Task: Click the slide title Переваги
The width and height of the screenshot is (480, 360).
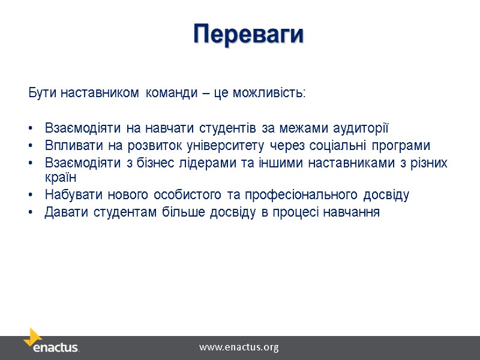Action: (x=248, y=34)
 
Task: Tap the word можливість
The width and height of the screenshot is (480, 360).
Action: (x=276, y=94)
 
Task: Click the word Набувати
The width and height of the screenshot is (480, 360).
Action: (x=68, y=195)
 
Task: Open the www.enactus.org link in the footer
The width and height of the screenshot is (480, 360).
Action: (x=239, y=347)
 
